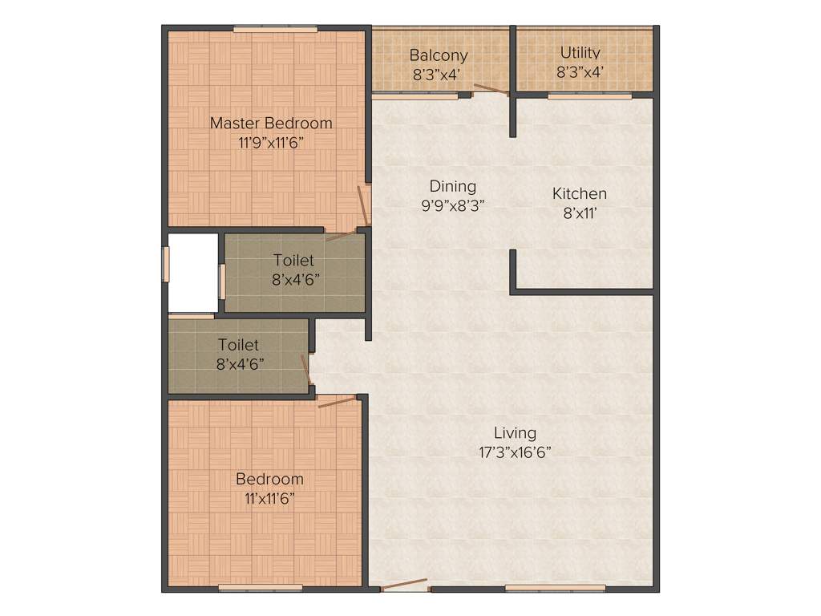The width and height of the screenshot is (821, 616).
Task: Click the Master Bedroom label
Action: [270, 123]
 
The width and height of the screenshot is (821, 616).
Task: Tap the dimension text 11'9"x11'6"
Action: [270, 141]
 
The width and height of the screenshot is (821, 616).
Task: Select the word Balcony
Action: [439, 55]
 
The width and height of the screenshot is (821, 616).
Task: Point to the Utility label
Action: [580, 53]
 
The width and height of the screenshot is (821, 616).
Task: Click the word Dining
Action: [453, 186]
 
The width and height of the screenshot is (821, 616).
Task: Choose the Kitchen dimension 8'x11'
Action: [580, 212]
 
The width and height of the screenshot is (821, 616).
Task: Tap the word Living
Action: [515, 433]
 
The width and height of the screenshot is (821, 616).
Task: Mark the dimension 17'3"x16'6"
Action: [515, 452]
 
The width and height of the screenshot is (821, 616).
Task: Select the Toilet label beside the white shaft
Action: [293, 261]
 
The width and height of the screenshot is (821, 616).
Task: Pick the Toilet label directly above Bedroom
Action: [238, 345]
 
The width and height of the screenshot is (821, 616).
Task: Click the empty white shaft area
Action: [192, 273]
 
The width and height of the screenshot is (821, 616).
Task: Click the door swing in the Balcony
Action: [490, 89]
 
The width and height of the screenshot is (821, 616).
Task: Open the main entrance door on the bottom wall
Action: [404, 585]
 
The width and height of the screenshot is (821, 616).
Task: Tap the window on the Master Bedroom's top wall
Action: [275, 30]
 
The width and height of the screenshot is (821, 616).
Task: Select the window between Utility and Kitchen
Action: [589, 96]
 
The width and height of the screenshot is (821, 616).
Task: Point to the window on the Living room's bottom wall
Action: [555, 589]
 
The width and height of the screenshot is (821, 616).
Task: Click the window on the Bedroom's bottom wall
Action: [260, 589]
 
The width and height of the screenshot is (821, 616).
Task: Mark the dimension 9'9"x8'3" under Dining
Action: [453, 204]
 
